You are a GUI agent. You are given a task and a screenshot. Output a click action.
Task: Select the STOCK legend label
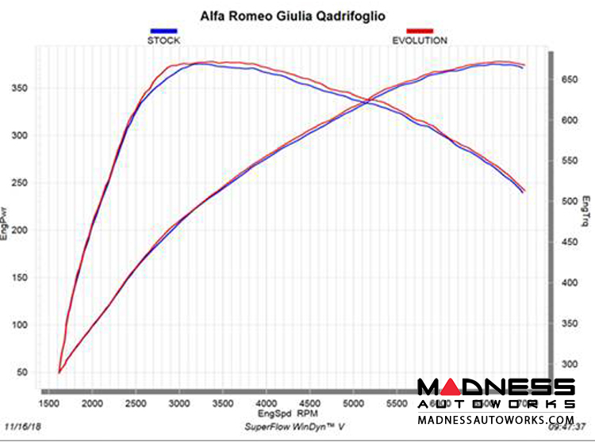pos(164,40)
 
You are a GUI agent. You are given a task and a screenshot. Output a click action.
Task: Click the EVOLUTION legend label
pos(420,40)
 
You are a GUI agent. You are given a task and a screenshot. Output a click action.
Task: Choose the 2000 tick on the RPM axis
pos(94,403)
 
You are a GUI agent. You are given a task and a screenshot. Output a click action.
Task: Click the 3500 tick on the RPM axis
pos(224,403)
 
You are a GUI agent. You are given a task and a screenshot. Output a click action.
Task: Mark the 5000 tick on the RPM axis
pos(355,403)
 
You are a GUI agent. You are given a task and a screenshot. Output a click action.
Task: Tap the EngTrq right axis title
pos(585,211)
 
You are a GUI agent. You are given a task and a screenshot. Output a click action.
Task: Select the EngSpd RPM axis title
pos(288,414)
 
